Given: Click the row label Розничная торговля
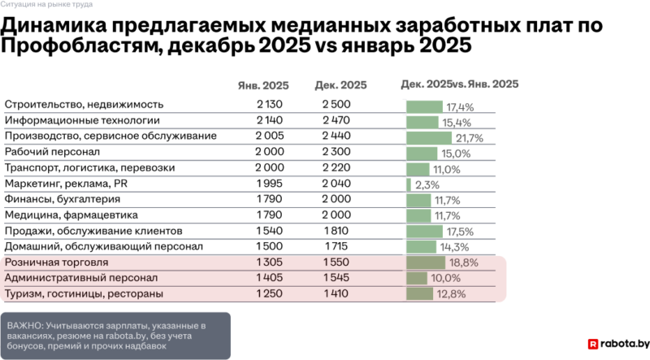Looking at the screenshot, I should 57,262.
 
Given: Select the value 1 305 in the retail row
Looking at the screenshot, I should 268,262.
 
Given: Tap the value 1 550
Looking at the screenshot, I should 336,262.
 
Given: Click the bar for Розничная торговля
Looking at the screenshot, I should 426,262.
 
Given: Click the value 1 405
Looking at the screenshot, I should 268,278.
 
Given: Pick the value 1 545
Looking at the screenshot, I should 336,278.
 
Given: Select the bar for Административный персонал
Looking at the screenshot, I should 417,278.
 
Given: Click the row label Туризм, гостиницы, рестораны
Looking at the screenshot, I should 84,293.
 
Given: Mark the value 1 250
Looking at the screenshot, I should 268,293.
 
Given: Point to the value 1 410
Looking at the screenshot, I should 336,293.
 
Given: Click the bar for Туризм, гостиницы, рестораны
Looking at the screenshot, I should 420,293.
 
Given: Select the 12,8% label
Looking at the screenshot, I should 451,293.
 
